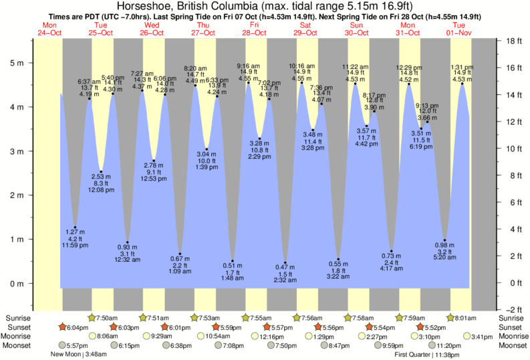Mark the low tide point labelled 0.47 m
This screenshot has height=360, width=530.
pos(285,262)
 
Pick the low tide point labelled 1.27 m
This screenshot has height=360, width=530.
pos(76,227)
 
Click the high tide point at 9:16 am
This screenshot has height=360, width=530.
pos(249,82)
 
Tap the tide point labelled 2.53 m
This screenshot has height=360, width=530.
pos(101,171)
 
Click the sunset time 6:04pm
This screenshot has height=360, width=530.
pos(78,327)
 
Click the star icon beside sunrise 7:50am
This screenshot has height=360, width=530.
pos(91,318)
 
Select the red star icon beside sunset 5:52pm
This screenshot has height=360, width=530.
pos(420,327)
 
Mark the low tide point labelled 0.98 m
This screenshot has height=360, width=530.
pos(444,240)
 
